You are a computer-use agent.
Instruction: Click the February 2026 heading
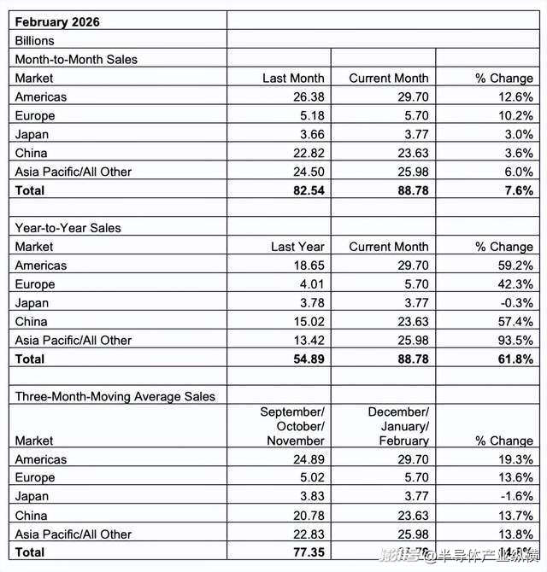(x=57, y=21)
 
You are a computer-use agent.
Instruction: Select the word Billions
(x=34, y=40)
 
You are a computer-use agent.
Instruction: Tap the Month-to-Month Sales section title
(x=76, y=59)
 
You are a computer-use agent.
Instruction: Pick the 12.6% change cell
(x=516, y=96)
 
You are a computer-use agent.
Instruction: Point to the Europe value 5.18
(x=311, y=115)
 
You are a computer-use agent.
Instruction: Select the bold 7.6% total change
(x=519, y=190)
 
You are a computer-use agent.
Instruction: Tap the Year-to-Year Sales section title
(x=68, y=228)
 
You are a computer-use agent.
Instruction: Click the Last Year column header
(x=297, y=247)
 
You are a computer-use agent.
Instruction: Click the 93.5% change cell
(x=516, y=340)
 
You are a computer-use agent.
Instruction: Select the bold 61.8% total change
(x=516, y=359)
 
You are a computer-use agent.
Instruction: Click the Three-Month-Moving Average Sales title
(x=115, y=396)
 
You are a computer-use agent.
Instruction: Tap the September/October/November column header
(x=292, y=426)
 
